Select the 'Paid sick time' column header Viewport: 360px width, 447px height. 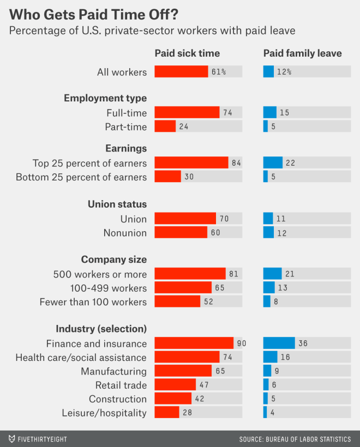click(x=187, y=53)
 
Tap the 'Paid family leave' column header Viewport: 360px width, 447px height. click(x=302, y=53)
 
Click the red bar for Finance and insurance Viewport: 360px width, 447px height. click(x=194, y=343)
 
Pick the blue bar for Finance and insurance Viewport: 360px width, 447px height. click(x=279, y=343)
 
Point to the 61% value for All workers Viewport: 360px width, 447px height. click(x=219, y=72)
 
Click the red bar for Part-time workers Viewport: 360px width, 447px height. click(x=165, y=126)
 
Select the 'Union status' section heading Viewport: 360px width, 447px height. click(x=117, y=204)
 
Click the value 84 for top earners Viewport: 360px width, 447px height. click(x=236, y=163)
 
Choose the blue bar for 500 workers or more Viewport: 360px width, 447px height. click(x=272, y=274)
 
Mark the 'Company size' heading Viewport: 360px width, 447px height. click(x=114, y=259)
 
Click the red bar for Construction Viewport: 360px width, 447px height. click(x=173, y=398)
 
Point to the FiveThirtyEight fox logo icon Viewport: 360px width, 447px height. click(x=12, y=438)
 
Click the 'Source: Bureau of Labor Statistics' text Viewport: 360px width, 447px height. click(x=295, y=439)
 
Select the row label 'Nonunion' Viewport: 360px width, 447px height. click(x=125, y=233)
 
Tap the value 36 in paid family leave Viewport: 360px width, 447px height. click(x=303, y=343)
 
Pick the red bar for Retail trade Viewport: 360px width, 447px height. click(x=175, y=385)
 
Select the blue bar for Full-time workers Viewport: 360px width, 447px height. click(x=270, y=113)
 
